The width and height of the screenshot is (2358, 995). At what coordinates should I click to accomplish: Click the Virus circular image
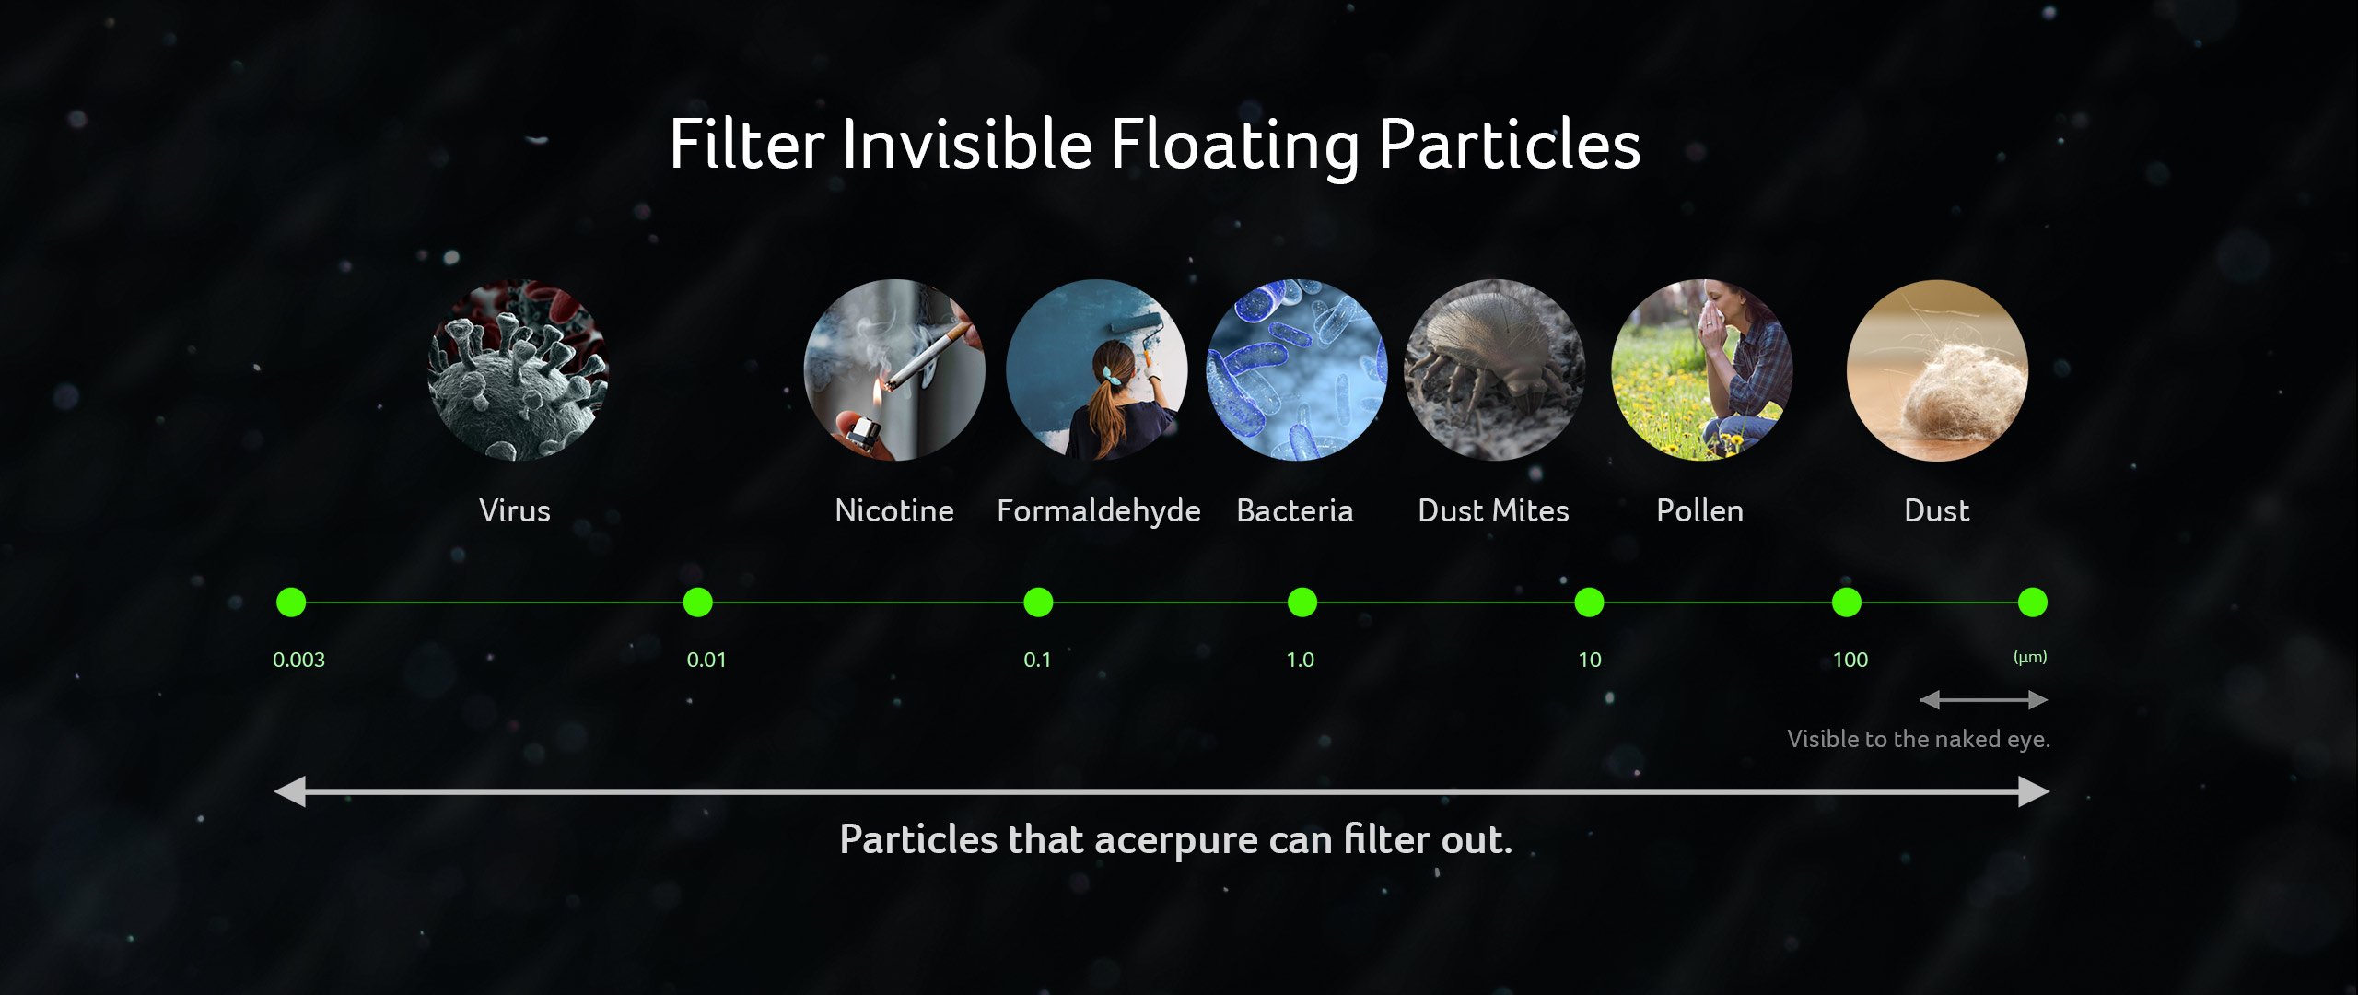(518, 370)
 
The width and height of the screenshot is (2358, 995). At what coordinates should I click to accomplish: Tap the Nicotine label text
(894, 510)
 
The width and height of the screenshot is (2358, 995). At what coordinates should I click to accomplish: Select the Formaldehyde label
(1099, 512)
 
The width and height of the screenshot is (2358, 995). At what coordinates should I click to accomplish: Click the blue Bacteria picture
(1296, 370)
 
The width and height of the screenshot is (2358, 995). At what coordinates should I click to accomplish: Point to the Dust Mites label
(1493, 510)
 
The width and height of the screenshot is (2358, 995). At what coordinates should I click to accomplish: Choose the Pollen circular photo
(1701, 370)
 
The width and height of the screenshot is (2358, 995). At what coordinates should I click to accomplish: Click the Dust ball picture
(1937, 370)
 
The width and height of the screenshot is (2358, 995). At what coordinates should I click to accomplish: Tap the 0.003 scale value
(298, 660)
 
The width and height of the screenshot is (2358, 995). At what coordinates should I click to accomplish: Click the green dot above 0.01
(698, 603)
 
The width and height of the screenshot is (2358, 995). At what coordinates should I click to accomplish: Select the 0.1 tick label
(1037, 660)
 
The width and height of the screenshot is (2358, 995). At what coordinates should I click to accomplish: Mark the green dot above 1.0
(1302, 603)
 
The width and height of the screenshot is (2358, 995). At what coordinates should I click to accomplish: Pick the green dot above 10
(1589, 603)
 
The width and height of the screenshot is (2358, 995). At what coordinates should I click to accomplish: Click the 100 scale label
(1850, 660)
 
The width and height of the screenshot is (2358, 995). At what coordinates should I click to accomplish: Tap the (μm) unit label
(2030, 657)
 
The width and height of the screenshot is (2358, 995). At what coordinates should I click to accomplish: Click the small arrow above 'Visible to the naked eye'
(1983, 700)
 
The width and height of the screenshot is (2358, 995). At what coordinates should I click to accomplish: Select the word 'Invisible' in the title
(967, 145)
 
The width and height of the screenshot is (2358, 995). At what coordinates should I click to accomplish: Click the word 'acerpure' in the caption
(1176, 841)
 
